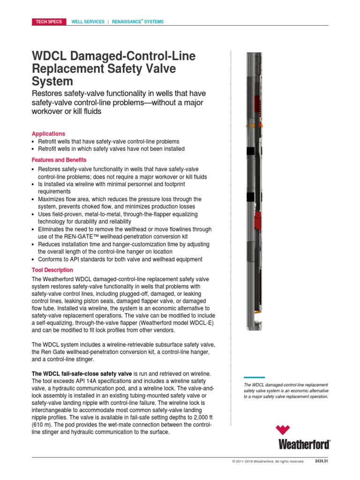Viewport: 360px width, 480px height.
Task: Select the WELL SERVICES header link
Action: pyautogui.click(x=88, y=22)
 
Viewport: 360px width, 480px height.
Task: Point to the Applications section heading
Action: pyautogui.click(x=48, y=134)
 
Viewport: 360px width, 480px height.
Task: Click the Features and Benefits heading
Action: pyautogui.click(x=59, y=160)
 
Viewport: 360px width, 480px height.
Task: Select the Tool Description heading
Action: pyautogui.click(x=52, y=270)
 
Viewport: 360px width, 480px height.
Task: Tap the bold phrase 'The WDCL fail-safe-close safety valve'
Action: pyautogui.click(x=82, y=373)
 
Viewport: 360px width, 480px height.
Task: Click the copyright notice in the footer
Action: pyautogui.click(x=268, y=461)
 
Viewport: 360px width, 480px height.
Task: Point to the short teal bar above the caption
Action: pyautogui.click(x=255, y=377)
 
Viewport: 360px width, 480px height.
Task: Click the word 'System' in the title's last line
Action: pyautogui.click(x=52, y=82)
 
